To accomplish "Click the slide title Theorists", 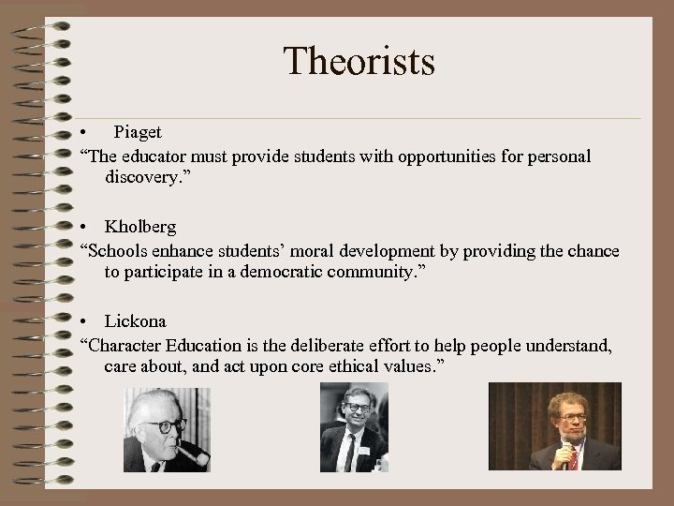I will coord(359,62).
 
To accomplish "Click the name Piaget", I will coord(139,133).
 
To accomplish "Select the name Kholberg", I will coord(139,228).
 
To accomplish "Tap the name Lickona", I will coord(137,322).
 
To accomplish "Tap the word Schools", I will coord(118,251).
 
